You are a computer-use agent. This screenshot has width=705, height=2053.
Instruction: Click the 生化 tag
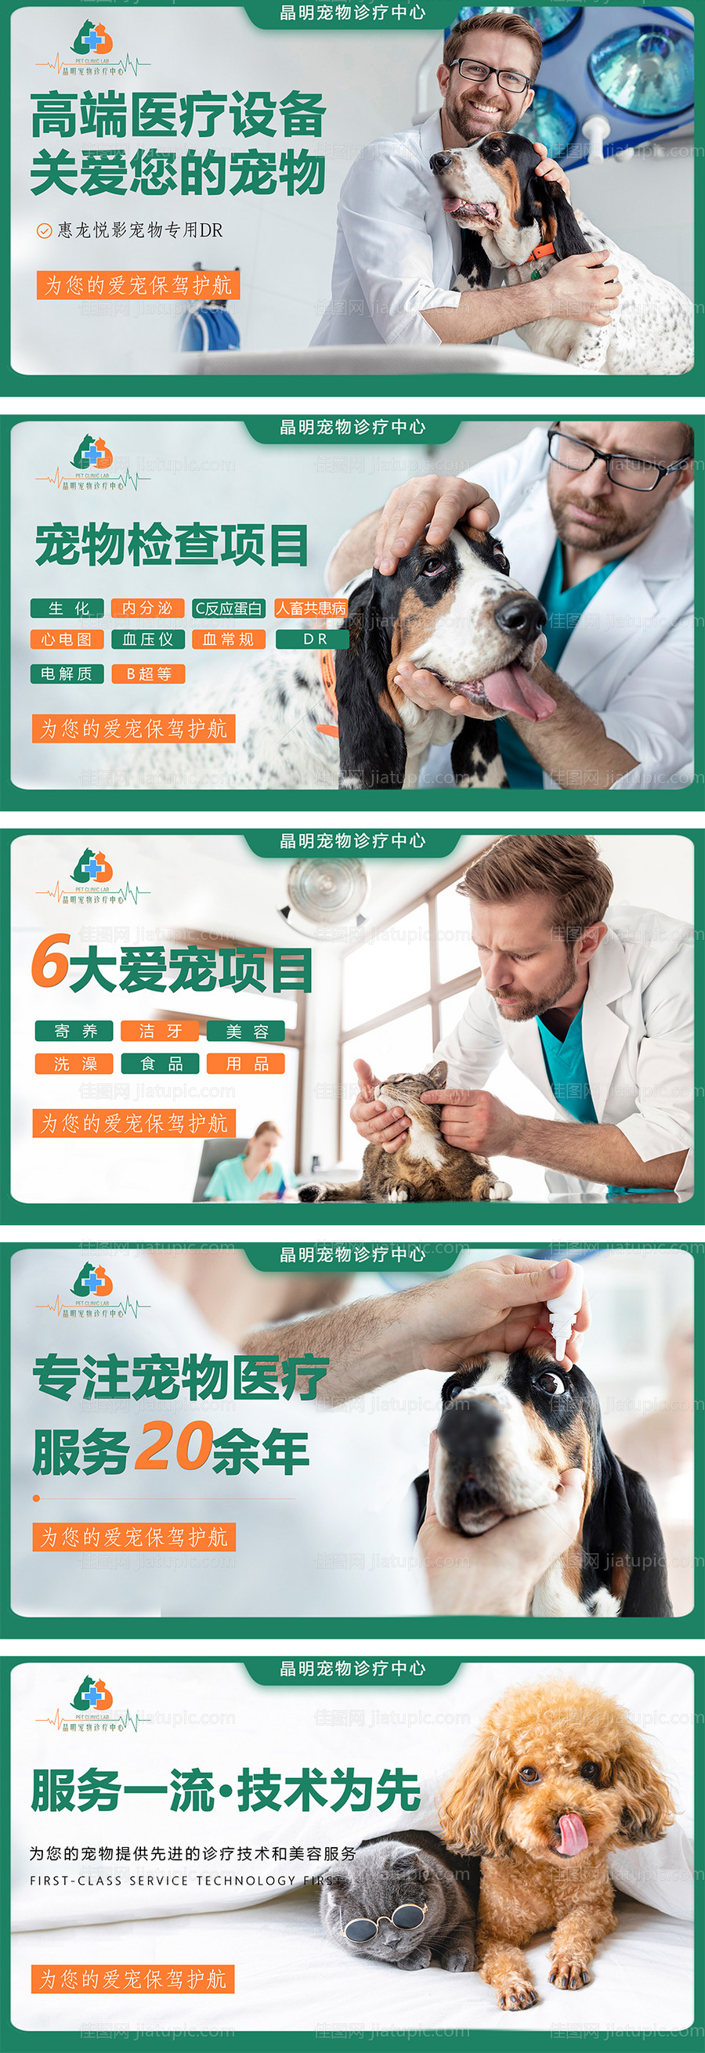(x=67, y=608)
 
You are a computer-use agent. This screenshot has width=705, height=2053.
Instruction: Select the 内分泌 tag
(x=147, y=608)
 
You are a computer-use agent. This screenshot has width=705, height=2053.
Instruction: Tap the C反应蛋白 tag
(x=229, y=608)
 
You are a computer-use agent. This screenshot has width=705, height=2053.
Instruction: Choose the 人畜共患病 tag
(x=311, y=608)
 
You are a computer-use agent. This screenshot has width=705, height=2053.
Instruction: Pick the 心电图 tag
(x=67, y=639)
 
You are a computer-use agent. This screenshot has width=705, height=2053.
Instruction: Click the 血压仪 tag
(x=147, y=639)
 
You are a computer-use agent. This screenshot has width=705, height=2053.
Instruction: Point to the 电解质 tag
(x=67, y=674)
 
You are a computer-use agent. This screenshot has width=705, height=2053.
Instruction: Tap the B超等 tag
(x=148, y=674)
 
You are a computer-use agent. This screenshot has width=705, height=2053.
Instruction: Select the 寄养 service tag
(x=74, y=1032)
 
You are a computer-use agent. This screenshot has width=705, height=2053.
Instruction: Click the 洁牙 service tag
(x=160, y=1032)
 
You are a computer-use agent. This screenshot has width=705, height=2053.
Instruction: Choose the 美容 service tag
(x=246, y=1032)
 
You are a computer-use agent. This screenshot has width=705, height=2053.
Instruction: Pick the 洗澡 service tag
(x=74, y=1064)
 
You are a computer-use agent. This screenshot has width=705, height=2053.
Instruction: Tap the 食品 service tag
(x=160, y=1064)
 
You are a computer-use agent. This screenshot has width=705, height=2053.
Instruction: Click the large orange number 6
(x=50, y=960)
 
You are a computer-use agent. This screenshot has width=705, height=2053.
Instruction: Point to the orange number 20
(x=172, y=1446)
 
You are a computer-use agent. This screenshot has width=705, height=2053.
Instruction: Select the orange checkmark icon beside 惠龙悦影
(x=44, y=231)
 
